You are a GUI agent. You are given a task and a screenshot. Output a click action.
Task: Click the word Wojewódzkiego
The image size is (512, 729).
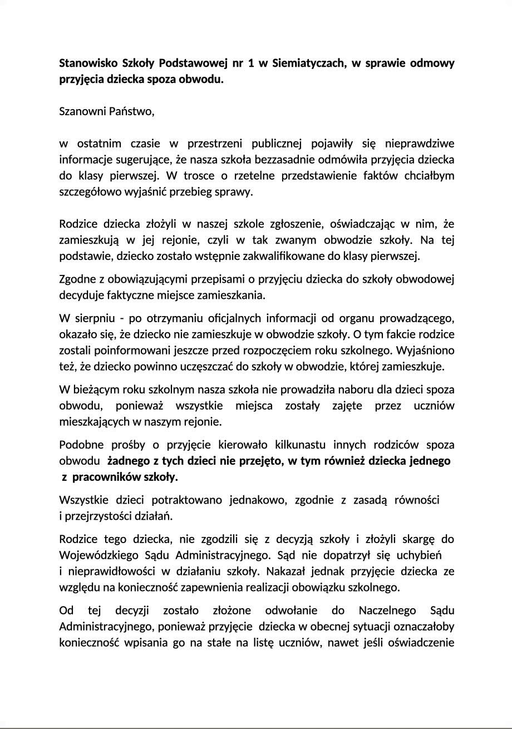(97, 555)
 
